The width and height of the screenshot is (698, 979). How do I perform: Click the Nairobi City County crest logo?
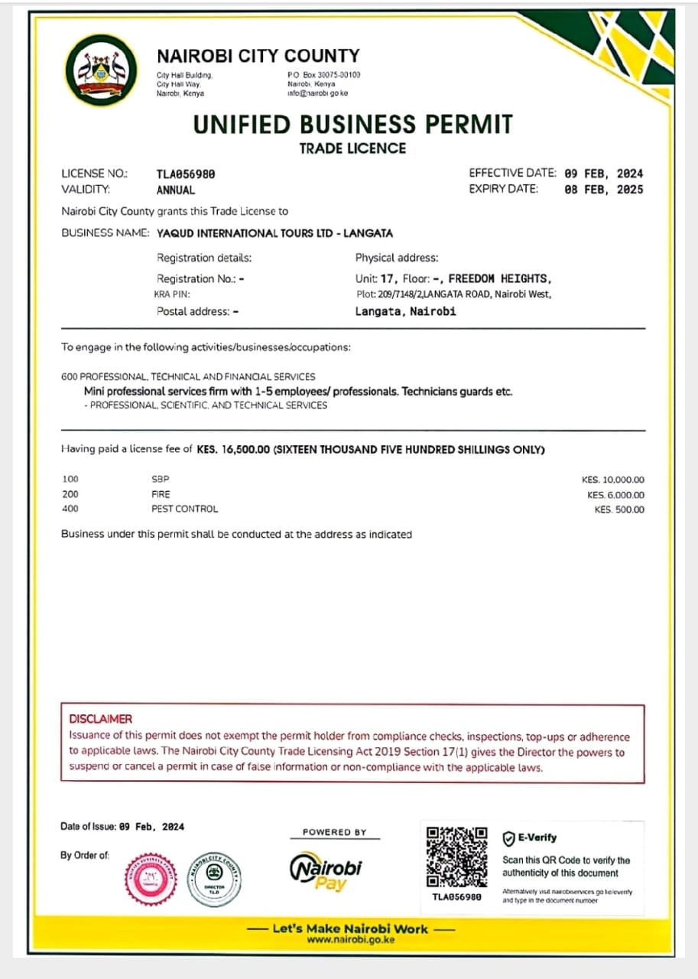102,71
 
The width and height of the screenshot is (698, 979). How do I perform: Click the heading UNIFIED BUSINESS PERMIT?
352,125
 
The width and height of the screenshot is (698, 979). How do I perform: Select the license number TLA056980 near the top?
186,174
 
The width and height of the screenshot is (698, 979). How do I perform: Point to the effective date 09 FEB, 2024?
603,174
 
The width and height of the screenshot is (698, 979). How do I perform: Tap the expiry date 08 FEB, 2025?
603,189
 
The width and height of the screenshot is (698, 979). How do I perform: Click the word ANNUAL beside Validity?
176,190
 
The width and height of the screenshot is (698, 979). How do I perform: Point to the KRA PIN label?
172,294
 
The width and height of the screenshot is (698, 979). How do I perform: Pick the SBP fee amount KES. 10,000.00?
612,480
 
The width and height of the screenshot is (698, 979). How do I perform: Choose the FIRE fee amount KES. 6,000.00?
615,495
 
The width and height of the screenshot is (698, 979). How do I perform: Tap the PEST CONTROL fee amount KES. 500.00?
619,509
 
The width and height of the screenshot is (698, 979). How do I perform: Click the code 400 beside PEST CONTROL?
70,509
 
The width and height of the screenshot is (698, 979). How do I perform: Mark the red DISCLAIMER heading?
100,719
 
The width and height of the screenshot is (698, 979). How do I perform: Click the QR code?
456,856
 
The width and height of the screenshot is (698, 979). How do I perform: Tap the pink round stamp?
151,879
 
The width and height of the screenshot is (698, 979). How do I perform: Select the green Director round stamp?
214,879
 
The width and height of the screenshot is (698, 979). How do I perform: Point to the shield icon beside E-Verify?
508,838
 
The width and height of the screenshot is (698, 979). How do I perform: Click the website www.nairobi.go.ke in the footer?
351,940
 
